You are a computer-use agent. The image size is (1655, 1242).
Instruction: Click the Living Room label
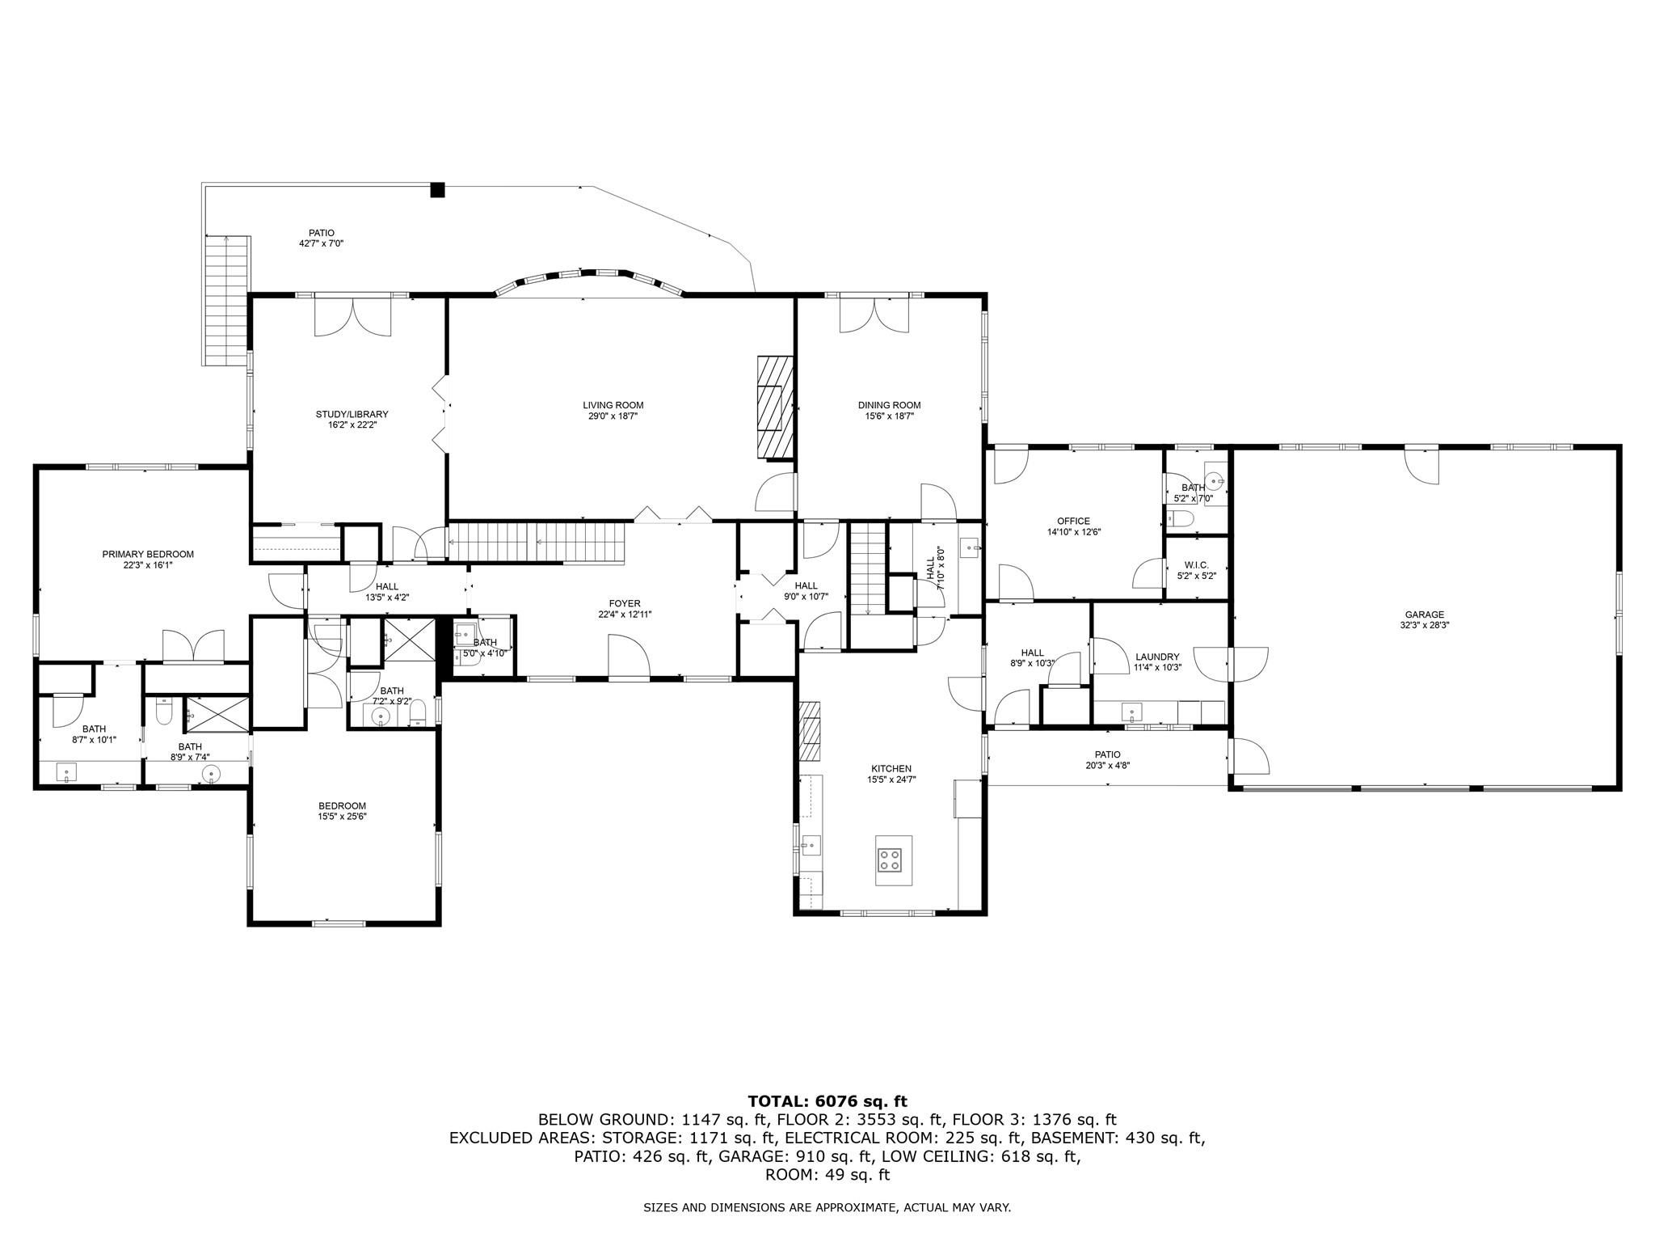click(613, 405)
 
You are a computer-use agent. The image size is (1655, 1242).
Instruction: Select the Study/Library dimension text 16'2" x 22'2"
click(352, 425)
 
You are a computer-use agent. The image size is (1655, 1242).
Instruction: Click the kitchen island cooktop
click(891, 860)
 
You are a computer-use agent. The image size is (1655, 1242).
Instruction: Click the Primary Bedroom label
click(148, 555)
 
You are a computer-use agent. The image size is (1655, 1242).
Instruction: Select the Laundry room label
click(1157, 657)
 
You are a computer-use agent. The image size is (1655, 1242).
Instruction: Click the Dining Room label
click(889, 405)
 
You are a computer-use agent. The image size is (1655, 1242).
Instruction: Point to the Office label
click(1073, 522)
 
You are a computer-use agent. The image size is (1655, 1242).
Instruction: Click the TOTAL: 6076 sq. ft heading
click(827, 1101)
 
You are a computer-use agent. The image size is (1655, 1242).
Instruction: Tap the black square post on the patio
click(437, 190)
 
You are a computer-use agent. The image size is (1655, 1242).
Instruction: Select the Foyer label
click(625, 603)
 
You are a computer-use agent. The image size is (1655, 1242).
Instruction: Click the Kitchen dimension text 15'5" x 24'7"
click(891, 779)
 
